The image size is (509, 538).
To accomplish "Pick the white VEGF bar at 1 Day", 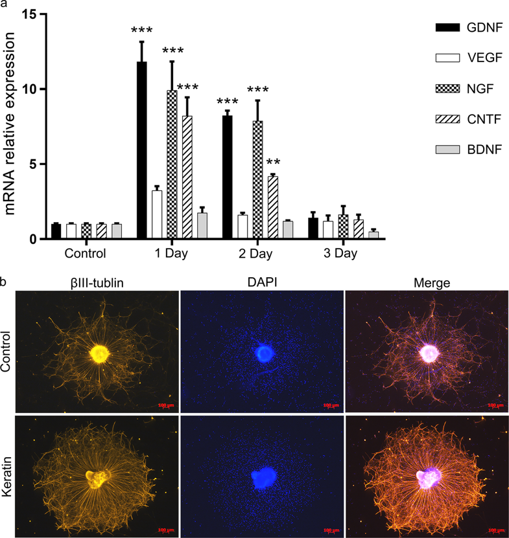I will (156, 215).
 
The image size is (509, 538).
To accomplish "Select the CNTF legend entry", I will (459, 120).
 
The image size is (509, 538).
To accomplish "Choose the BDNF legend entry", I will (459, 151).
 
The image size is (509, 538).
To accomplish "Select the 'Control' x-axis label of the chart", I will (85, 254).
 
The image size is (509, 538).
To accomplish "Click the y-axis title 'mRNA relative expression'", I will (12, 126).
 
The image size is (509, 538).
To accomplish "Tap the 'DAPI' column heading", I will (262, 283).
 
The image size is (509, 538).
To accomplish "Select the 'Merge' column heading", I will (426, 283).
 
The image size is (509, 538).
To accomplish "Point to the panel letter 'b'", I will (4, 282).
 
